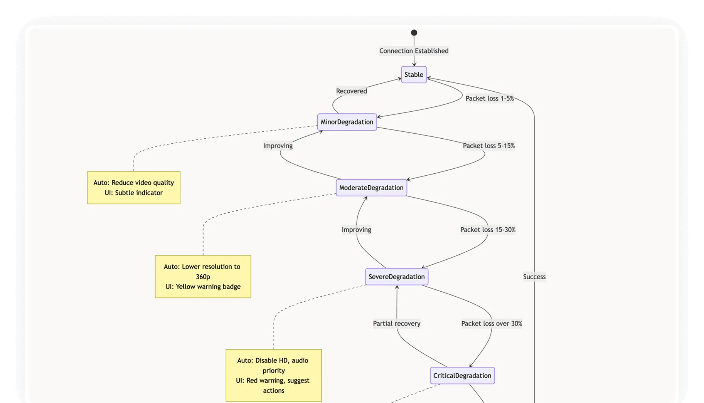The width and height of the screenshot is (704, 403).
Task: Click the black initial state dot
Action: click(x=414, y=33)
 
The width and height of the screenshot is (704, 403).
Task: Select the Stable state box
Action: click(x=414, y=75)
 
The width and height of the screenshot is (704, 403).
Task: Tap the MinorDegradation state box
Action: click(x=347, y=122)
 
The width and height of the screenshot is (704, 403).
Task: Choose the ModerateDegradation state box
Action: click(x=371, y=188)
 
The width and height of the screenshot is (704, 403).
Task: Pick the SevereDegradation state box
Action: click(x=396, y=277)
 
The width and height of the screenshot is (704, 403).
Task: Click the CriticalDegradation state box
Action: click(x=462, y=376)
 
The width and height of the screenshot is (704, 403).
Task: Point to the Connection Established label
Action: click(x=414, y=51)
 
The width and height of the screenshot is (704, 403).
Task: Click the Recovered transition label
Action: click(x=351, y=91)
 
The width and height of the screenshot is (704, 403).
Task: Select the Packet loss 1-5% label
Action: click(x=489, y=99)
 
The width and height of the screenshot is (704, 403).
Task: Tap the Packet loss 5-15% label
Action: click(x=488, y=146)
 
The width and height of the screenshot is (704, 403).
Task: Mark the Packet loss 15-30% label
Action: click(x=488, y=230)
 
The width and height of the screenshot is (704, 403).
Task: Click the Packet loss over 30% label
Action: click(x=492, y=324)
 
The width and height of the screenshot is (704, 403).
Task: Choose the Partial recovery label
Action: click(x=396, y=324)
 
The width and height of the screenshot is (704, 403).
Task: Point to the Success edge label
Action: click(x=534, y=277)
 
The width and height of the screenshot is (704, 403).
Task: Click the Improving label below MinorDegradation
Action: click(x=278, y=146)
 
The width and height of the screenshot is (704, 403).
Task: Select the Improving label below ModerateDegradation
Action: click(x=356, y=230)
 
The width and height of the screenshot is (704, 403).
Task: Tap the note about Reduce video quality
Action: click(x=133, y=188)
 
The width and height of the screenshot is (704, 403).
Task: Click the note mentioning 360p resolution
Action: click(x=203, y=277)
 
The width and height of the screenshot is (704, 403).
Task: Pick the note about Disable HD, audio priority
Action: click(x=273, y=375)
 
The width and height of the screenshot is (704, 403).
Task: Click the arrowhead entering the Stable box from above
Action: click(x=414, y=64)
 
